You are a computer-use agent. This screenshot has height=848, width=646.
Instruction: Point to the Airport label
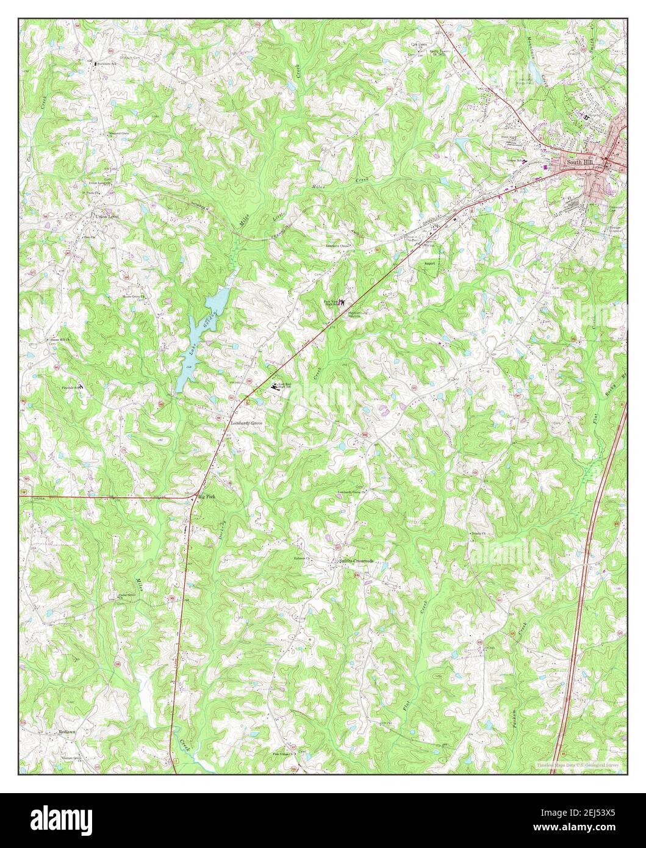432,263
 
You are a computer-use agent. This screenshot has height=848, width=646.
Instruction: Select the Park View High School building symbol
342,302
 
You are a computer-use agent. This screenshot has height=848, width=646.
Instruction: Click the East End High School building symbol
273,386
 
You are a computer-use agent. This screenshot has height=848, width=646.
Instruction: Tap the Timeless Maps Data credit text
577,765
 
